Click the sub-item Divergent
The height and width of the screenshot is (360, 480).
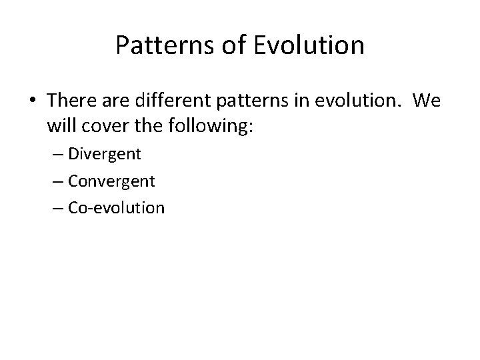[105, 154]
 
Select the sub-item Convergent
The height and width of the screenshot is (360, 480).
[111, 181]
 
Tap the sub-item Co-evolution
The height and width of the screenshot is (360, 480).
[115, 207]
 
